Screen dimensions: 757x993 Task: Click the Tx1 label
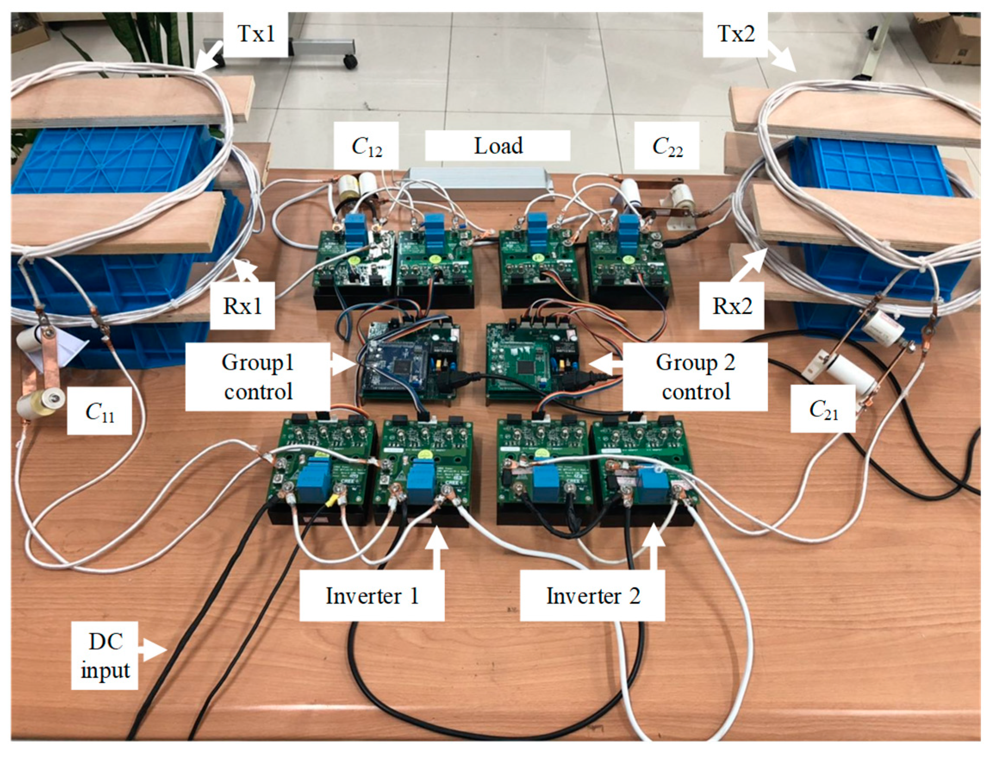pyautogui.click(x=256, y=34)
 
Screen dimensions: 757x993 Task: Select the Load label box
pyautogui.click(x=498, y=146)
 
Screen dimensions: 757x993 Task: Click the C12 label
pyautogui.click(x=367, y=146)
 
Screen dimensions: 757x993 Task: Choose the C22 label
pyautogui.click(x=667, y=146)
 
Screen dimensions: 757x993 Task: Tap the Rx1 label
pyautogui.click(x=243, y=306)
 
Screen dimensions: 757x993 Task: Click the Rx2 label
pyautogui.click(x=732, y=306)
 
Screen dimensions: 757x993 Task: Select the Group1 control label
pyautogui.click(x=258, y=377)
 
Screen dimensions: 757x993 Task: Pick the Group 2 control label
pyautogui.click(x=695, y=377)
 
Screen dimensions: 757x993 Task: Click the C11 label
pyautogui.click(x=100, y=411)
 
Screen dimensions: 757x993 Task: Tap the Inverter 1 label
pyautogui.click(x=372, y=596)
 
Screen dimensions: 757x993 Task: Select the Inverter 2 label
pyautogui.click(x=593, y=596)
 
